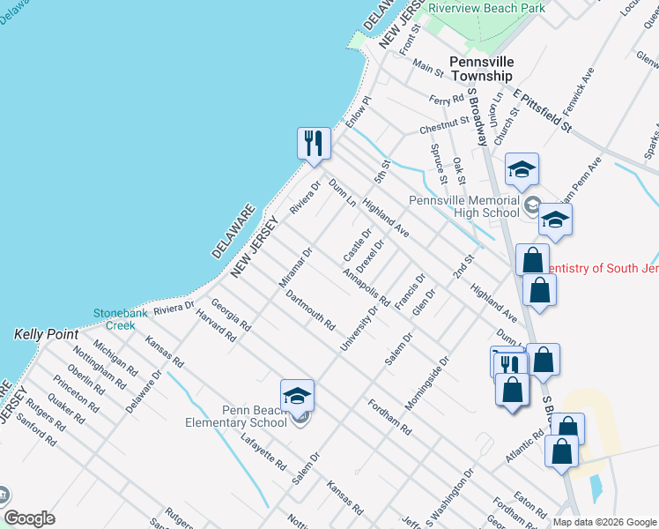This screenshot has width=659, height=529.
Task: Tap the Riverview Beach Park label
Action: coord(485,8)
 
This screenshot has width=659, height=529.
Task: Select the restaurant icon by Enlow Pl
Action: coord(313,144)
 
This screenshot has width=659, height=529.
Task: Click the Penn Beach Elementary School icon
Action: coord(298,397)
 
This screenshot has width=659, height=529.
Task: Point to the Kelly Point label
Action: coord(47,335)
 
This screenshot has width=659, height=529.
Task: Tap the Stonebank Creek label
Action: coord(115,319)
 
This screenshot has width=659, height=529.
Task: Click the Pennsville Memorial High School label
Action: coord(464,205)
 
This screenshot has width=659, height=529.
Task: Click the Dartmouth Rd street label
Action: coord(309,309)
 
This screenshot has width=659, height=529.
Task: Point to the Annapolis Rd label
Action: coord(367,285)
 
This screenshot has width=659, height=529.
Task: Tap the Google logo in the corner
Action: coord(29,518)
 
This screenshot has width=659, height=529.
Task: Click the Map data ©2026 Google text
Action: coord(603,522)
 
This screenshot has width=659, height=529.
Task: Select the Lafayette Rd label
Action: coord(267,451)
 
